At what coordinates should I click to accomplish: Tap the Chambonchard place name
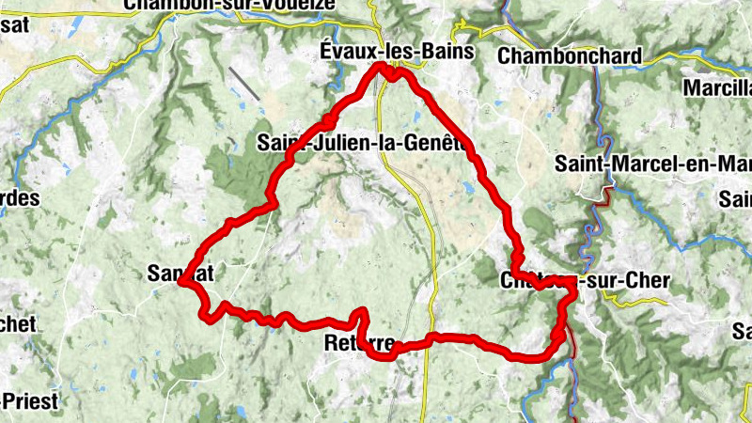570,55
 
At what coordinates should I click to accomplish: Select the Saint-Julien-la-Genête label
362,143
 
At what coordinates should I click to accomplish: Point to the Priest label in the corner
28,401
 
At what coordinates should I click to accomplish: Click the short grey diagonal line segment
244,85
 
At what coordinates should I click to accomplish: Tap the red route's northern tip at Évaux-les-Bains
382,67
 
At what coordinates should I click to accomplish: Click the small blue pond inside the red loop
468,188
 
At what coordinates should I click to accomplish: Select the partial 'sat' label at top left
13,25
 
